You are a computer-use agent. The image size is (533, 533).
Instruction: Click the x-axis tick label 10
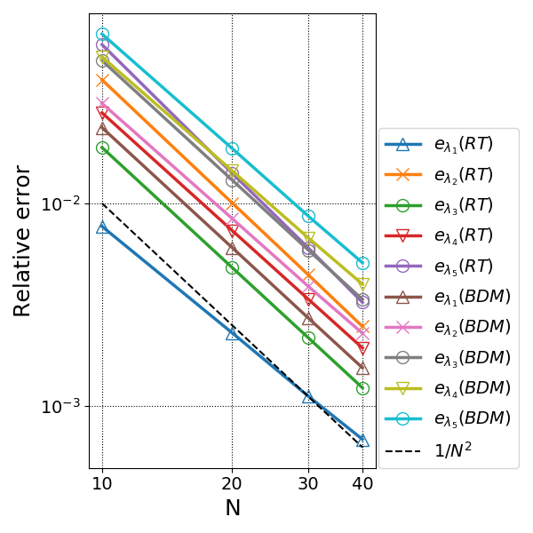102,483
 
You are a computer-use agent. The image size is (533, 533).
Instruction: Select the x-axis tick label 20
232,483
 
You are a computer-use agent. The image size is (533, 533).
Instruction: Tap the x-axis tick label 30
308,483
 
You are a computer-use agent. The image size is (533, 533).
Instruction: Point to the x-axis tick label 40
362,483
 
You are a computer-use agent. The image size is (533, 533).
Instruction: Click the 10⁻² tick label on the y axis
61,203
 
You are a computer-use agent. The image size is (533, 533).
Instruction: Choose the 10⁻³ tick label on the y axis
61,406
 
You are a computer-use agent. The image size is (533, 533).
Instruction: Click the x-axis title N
233,508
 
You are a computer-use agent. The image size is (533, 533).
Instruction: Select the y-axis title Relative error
21,241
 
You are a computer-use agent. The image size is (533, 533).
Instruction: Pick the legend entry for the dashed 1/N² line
428,451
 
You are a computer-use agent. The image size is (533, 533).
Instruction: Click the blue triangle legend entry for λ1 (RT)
439,145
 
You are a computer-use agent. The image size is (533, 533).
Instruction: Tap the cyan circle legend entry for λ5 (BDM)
448,418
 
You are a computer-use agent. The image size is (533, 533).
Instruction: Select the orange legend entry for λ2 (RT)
439,175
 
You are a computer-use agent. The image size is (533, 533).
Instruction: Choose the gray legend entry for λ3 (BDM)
448,358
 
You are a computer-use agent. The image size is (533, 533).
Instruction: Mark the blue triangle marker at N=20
232,335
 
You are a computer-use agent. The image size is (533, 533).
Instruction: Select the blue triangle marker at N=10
102,227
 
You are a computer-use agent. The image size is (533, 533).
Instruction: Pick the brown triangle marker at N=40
362,369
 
